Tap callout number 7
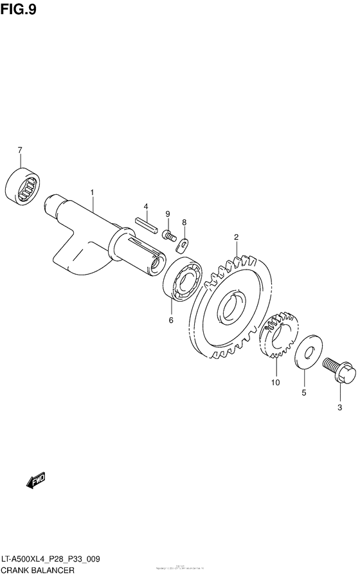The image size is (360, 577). point(21,151)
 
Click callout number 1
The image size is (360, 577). point(92,192)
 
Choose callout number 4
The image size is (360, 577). point(146,206)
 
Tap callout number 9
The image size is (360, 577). point(167,214)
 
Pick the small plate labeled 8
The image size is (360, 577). point(183,244)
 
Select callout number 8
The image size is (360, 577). point(184,223)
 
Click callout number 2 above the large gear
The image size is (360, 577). point(236,237)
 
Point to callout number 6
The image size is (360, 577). point(171,319)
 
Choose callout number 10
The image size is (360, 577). point(276,383)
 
